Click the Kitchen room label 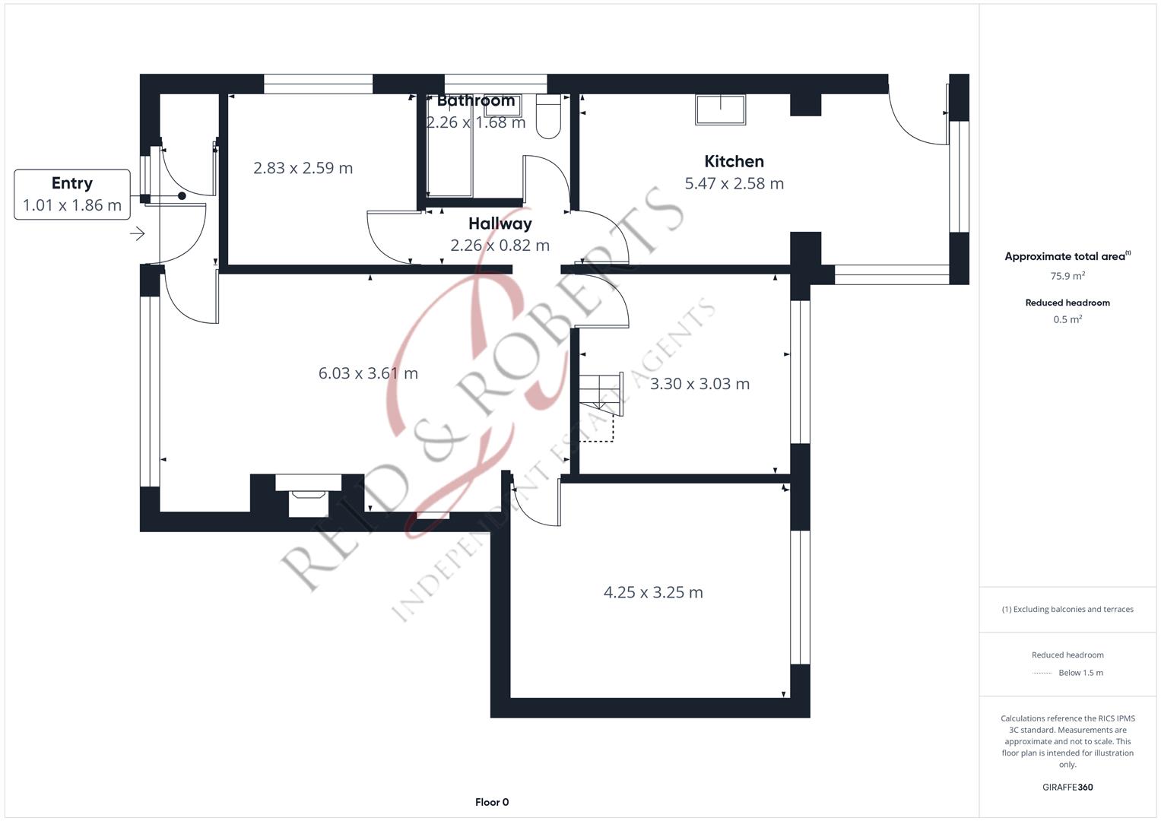coord(734,161)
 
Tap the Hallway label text coord(500,224)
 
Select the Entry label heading coord(72,183)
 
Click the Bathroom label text coord(476,100)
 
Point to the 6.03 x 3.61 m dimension coord(368,373)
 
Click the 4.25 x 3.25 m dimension coord(653,592)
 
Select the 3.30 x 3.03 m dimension coord(699,384)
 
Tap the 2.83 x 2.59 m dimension coord(303,168)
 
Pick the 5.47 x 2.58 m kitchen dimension coord(734,183)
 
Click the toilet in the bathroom coord(548,116)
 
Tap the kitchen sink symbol coord(721,109)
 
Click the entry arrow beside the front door coord(138,234)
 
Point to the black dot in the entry coord(182,196)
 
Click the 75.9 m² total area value coord(1067,276)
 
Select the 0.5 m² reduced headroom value coord(1067,319)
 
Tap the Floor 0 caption coord(492,802)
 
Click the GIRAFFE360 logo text coord(1067,787)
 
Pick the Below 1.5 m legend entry coord(1080,673)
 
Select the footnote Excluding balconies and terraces coord(1067,609)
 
